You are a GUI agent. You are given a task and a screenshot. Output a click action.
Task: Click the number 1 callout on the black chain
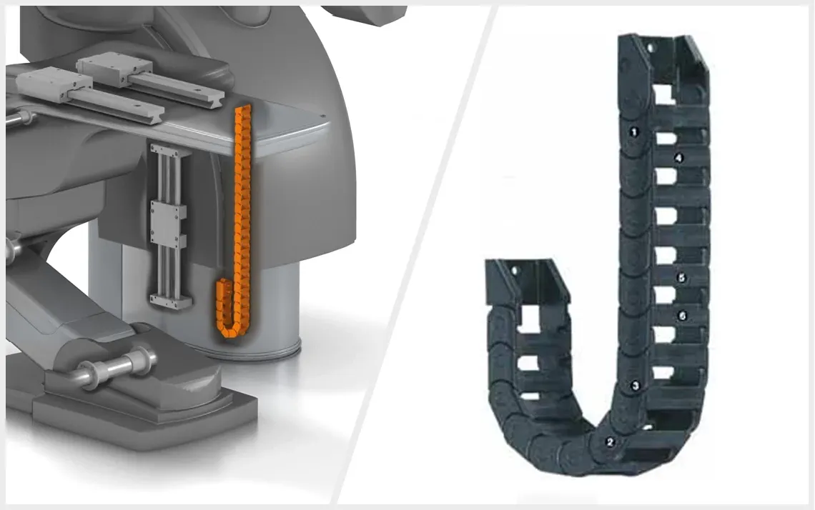click(633, 132)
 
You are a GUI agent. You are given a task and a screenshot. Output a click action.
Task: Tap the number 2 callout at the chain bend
click(611, 442)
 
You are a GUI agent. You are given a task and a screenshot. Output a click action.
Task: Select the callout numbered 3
click(635, 386)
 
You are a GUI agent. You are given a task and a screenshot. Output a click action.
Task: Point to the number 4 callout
click(678, 158)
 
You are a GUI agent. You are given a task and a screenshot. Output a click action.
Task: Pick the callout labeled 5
click(682, 278)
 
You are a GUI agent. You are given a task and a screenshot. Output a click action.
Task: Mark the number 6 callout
click(683, 316)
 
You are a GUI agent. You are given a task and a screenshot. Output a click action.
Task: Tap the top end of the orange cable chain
click(243, 110)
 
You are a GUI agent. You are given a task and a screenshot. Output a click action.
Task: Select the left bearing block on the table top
click(54, 85)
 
